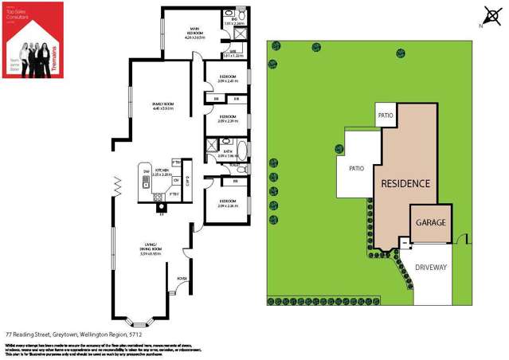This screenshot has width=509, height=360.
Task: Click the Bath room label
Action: [x=229, y=154]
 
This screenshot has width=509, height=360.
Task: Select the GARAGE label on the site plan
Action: [x=429, y=222]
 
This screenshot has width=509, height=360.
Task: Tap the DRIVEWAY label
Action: [x=431, y=268]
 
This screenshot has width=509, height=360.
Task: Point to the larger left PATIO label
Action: [x=356, y=168]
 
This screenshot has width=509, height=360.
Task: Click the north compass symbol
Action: [x=488, y=15]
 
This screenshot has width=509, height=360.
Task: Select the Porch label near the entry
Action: [x=182, y=278]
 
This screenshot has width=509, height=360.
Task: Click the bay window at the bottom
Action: [x=141, y=323]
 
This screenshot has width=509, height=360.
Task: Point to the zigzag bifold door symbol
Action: [x=118, y=188]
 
